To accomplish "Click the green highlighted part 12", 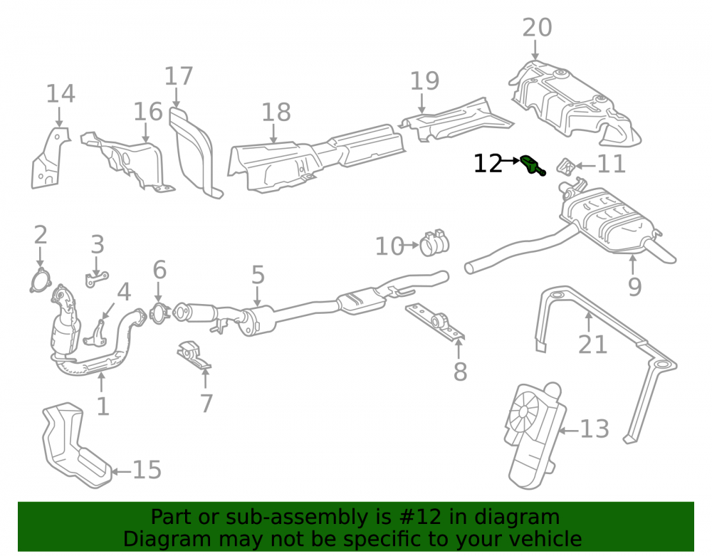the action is tap(532, 164).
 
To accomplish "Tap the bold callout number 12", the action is tap(488, 164).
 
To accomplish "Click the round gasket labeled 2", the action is tap(40, 280).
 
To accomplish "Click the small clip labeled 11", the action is tap(566, 167).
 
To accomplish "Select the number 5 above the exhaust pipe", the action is tap(258, 275).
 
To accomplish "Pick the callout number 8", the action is tap(460, 372).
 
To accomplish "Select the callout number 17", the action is tap(179, 75).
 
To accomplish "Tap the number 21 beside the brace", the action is tap(592, 345).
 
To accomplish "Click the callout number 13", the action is tap(595, 429).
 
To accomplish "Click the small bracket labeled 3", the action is tap(96, 278).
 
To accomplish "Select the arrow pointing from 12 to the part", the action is tap(511, 160).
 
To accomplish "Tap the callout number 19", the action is tap(424, 80).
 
